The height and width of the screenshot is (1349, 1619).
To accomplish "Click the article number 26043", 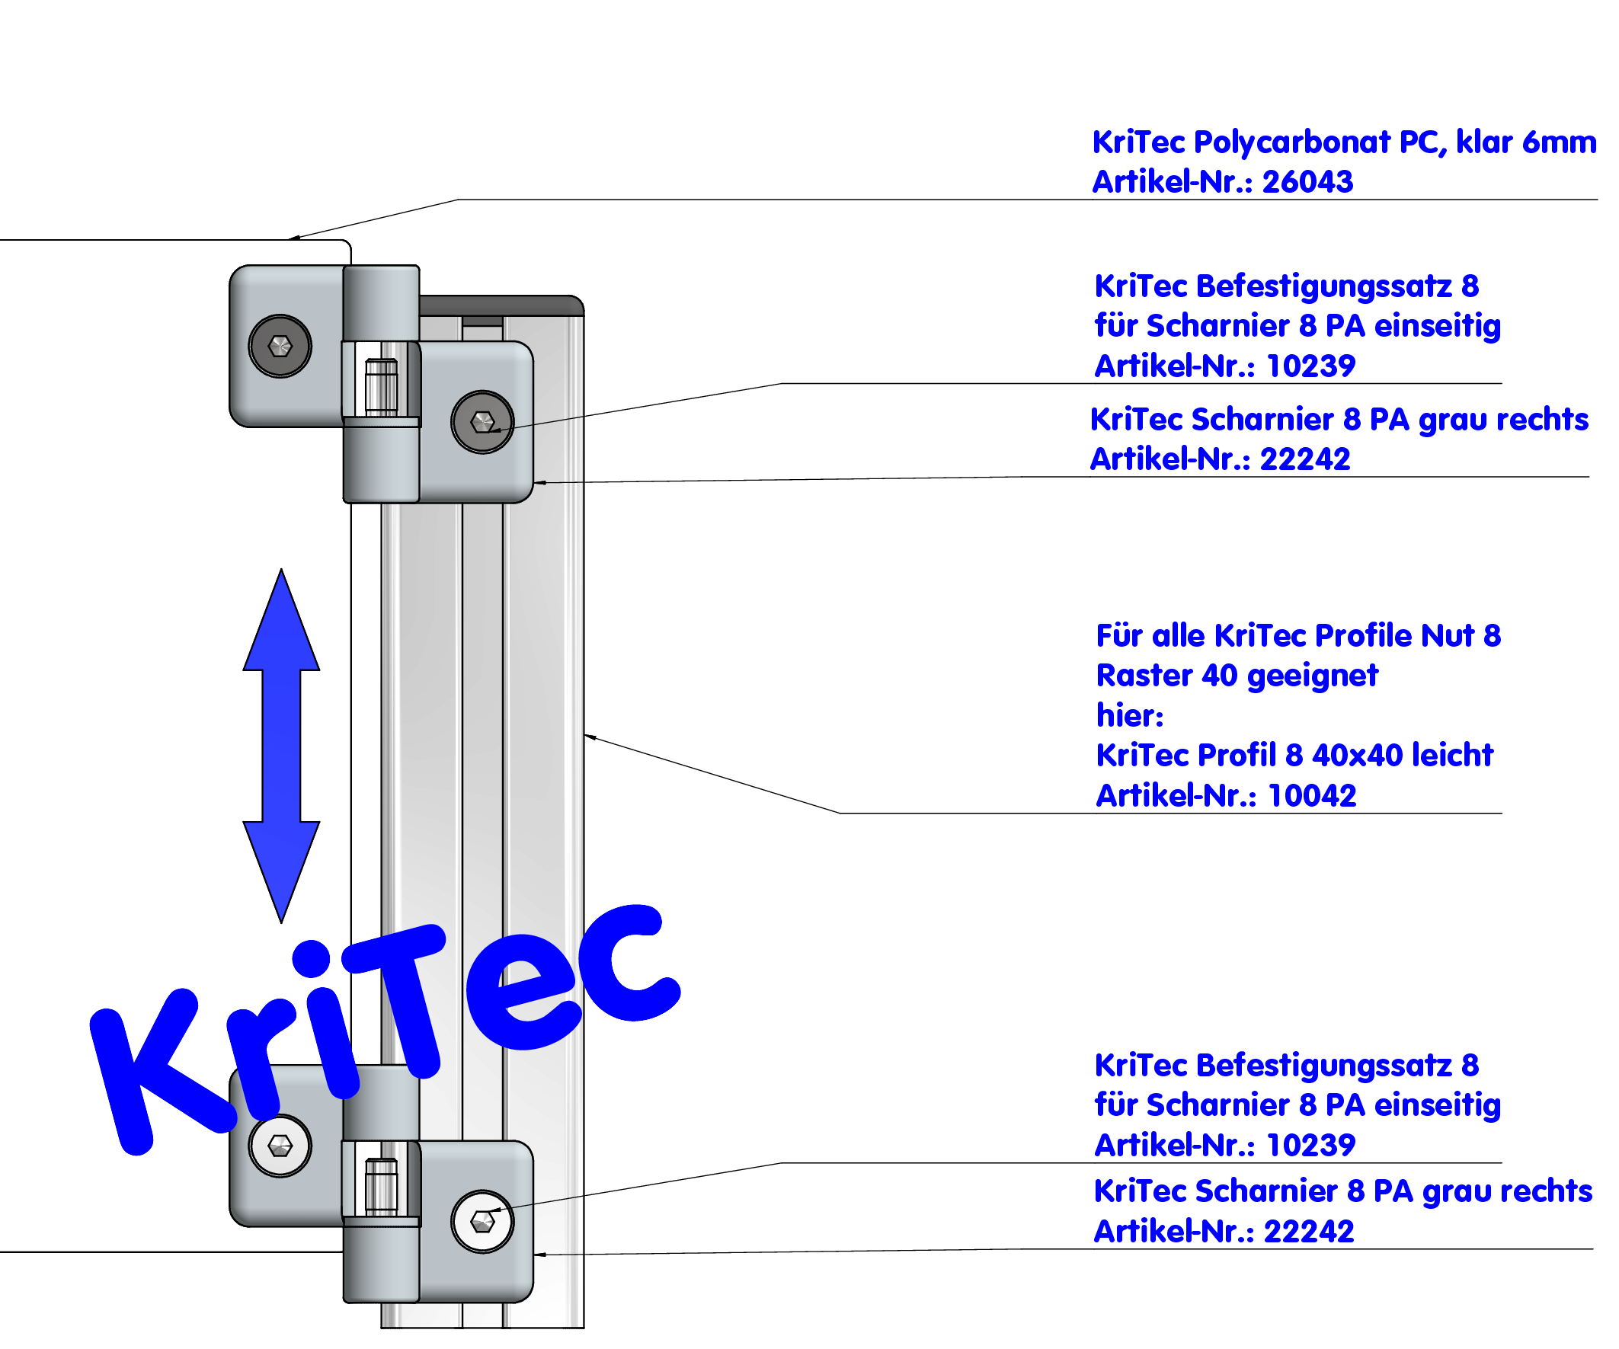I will tap(1307, 182).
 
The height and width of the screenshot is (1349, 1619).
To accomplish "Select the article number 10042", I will tap(1311, 795).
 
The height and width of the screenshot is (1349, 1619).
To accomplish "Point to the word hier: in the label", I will tap(1129, 716).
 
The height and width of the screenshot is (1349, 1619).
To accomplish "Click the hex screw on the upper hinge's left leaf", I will tap(280, 346).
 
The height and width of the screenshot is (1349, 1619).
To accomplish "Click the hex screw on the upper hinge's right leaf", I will tap(482, 423).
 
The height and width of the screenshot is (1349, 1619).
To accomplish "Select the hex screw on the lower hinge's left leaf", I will tap(280, 1146).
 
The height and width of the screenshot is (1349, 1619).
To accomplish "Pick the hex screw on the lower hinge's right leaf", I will tap(482, 1222).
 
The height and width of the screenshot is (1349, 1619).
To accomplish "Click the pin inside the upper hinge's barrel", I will tap(381, 387).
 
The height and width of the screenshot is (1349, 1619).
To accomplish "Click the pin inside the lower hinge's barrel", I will tap(381, 1186).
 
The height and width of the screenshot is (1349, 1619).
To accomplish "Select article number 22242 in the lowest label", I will tap(1308, 1232).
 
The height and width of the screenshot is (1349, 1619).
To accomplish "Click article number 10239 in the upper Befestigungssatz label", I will tap(1310, 366).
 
